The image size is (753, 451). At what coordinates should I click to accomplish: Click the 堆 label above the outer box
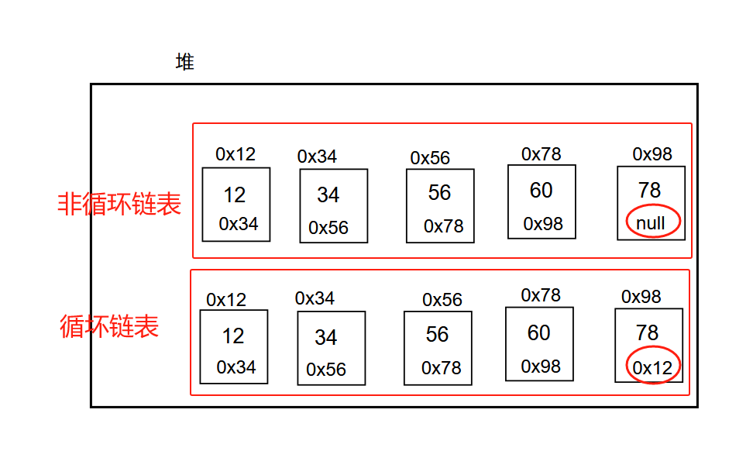184,63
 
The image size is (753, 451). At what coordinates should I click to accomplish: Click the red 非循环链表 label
119,204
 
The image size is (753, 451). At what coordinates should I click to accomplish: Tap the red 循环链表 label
109,326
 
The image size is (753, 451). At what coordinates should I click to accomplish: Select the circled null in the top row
651,223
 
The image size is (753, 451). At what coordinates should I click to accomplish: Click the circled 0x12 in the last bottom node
652,367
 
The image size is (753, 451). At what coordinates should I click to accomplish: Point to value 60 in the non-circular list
541,190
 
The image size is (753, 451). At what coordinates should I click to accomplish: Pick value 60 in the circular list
538,332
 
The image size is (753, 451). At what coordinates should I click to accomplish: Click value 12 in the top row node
235,195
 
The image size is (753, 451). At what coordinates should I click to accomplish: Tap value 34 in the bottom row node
325,338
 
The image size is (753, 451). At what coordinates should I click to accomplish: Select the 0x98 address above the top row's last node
652,154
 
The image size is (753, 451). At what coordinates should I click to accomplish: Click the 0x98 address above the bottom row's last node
641,297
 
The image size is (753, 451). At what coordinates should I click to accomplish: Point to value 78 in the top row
649,190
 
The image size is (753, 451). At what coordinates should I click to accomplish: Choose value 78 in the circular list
647,333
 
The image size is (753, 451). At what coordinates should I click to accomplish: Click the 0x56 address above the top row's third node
430,158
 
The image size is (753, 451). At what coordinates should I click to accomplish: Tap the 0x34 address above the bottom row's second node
315,298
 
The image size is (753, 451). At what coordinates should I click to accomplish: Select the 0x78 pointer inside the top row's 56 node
443,225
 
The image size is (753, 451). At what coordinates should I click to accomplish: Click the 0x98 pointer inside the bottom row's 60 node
541,366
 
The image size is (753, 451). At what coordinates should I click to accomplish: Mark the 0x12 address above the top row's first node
236,154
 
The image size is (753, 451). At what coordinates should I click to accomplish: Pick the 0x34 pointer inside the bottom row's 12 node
236,367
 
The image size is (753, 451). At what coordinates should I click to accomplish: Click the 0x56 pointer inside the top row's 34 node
328,228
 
